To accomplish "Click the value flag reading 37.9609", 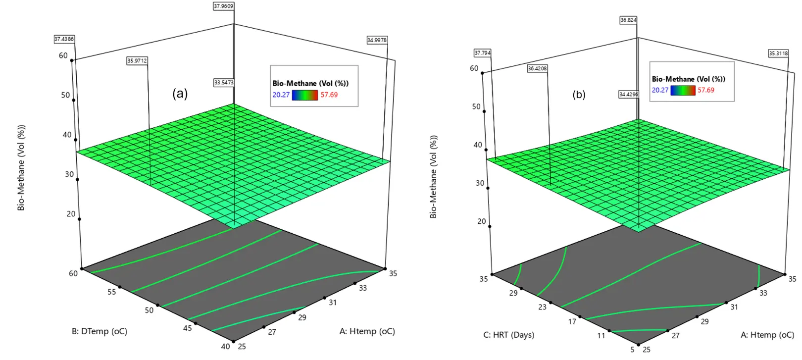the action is (x=224, y=6).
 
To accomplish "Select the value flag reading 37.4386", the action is (x=64, y=39).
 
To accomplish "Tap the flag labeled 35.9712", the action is (x=137, y=60).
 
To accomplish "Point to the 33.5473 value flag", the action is (x=224, y=82).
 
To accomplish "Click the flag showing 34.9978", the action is (x=377, y=40).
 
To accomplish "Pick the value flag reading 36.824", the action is (x=628, y=20).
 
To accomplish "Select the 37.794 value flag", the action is (x=483, y=53).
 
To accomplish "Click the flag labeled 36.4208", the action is (x=538, y=68).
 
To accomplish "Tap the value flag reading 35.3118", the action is (x=778, y=53).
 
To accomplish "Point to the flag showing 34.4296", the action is (x=629, y=94).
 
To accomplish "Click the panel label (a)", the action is (x=180, y=94).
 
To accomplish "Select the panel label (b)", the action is (x=579, y=95).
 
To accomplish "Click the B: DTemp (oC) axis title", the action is (x=100, y=331).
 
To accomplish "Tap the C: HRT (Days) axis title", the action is (x=509, y=335).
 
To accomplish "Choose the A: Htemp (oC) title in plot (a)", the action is (x=367, y=331).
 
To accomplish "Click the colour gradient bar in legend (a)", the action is (x=304, y=95).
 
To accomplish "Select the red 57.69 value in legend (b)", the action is (x=706, y=90).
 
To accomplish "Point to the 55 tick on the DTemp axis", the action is (x=112, y=292).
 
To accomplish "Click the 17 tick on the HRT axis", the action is (x=572, y=321).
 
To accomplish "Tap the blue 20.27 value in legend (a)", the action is (x=281, y=95).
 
